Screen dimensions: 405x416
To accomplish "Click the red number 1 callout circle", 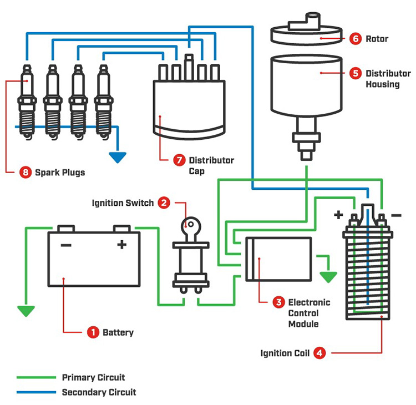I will [x=93, y=332].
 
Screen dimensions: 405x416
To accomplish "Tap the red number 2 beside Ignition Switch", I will [x=164, y=202].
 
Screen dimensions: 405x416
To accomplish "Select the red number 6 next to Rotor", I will [x=356, y=39].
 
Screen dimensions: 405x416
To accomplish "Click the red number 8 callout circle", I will [x=25, y=173].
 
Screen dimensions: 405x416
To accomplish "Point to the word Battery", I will [x=118, y=332].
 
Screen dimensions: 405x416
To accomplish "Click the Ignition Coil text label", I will [x=285, y=353].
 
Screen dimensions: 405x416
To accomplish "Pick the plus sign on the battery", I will [x=121, y=245].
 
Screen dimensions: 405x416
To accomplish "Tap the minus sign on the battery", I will [x=66, y=245].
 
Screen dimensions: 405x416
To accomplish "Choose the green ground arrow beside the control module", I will [x=328, y=276].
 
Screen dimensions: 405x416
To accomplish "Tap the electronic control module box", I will [x=278, y=259].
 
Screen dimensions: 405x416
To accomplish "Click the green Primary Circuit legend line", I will [x=37, y=378].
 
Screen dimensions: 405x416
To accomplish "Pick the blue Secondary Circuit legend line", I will [x=37, y=392].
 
